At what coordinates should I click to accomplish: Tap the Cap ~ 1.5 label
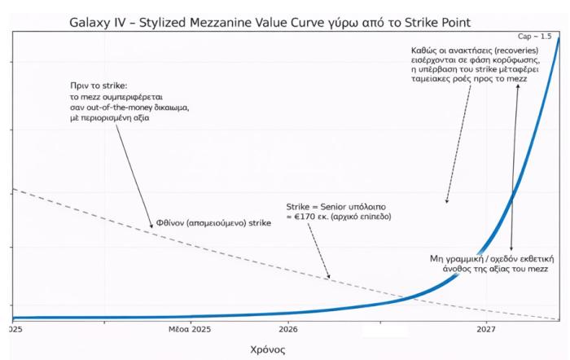[534, 37]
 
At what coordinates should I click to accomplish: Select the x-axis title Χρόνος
[268, 349]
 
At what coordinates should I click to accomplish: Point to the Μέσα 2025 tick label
[190, 330]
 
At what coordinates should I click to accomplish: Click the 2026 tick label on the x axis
[287, 330]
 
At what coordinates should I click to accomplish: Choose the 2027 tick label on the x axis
[486, 330]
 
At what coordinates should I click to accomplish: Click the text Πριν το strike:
[101, 86]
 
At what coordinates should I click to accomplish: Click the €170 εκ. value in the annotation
[310, 218]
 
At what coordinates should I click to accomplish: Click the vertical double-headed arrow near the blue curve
[513, 166]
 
